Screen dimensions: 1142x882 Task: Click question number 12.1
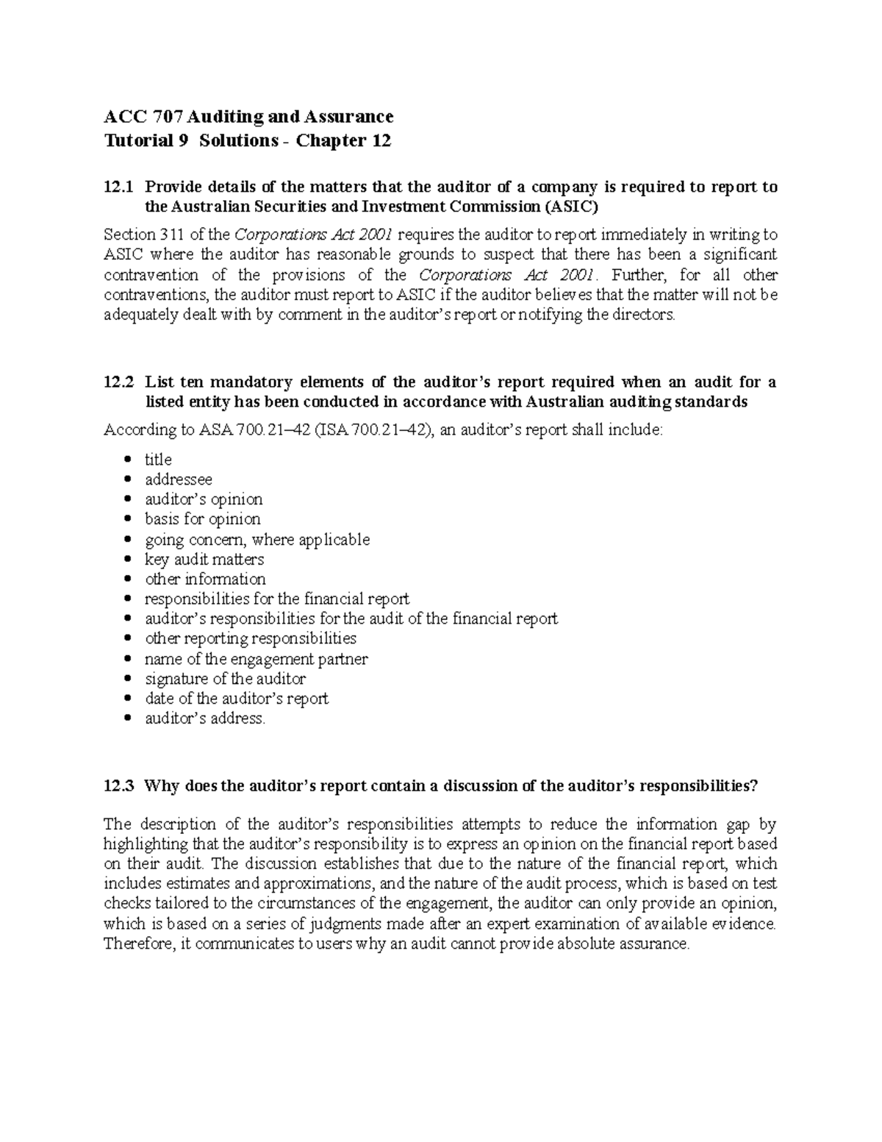pos(119,187)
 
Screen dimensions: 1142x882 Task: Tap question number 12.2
pos(119,382)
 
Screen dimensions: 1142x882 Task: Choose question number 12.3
pos(119,785)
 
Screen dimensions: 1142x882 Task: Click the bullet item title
pos(158,460)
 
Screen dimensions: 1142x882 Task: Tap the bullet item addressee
pos(179,479)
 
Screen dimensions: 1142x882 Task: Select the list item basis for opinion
pos(203,519)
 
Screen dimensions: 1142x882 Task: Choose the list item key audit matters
pos(204,560)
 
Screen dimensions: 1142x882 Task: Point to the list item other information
pos(205,579)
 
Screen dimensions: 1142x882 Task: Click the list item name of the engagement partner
pos(257,659)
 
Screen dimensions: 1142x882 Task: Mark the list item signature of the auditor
pos(225,679)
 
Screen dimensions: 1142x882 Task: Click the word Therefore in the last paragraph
pos(137,944)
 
